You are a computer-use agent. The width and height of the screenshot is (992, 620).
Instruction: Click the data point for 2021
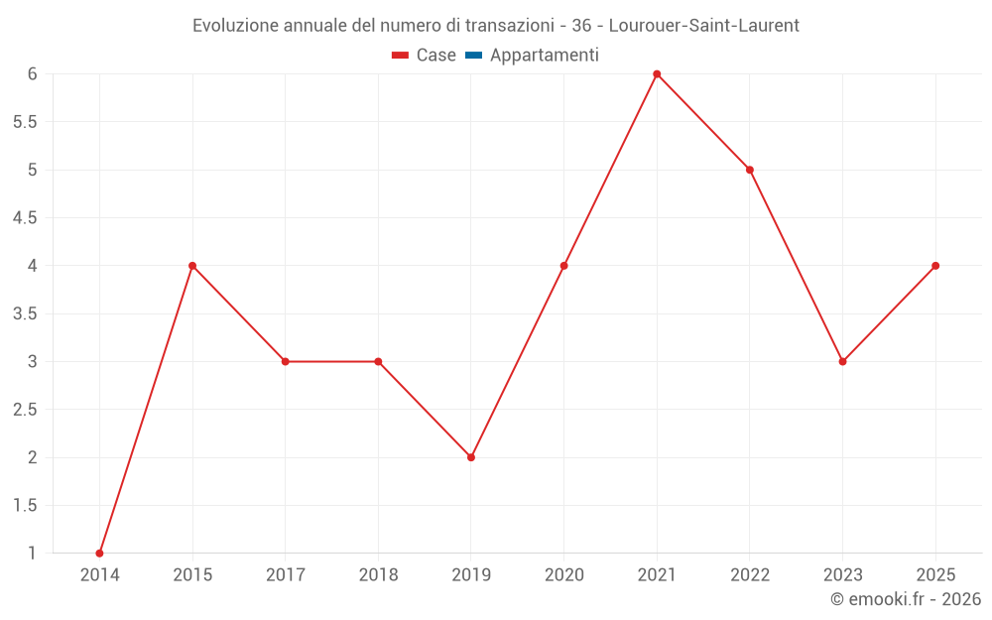click(657, 74)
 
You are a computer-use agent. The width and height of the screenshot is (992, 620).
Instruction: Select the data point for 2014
click(99, 554)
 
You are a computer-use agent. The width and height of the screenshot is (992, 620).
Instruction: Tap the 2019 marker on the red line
click(470, 457)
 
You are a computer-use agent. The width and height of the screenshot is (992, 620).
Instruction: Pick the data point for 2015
click(192, 266)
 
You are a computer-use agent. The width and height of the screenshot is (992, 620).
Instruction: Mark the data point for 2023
click(842, 362)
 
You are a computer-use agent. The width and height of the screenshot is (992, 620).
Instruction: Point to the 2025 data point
click(935, 266)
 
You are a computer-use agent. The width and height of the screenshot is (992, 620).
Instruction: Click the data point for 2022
click(750, 171)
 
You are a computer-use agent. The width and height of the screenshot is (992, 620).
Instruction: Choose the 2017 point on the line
click(286, 362)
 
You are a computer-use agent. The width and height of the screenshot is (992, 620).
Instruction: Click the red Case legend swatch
click(400, 56)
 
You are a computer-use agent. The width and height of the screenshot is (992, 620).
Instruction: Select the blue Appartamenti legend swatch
click(473, 56)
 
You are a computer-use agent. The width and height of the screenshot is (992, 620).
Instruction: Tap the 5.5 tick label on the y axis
click(25, 122)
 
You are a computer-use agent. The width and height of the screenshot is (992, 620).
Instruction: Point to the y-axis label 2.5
click(25, 410)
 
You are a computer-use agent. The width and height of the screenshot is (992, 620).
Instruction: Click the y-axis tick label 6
click(33, 74)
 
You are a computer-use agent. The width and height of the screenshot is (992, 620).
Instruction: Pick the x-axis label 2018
click(378, 574)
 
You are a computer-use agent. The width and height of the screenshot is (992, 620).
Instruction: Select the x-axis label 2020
click(564, 574)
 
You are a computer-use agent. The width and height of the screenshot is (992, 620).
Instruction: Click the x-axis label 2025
click(935, 574)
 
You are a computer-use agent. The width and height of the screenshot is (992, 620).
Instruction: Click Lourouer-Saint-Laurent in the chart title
click(704, 26)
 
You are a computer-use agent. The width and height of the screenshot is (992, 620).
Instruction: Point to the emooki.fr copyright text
click(906, 598)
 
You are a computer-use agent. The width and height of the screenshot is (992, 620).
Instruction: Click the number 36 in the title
click(581, 26)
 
